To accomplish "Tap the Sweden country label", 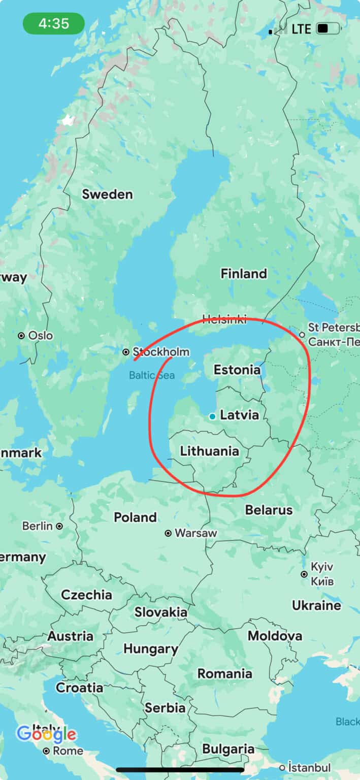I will [107, 194].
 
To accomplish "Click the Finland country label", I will [243, 274].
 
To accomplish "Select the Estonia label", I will [237, 370].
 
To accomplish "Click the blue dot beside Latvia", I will [212, 416].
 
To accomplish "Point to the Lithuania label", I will [209, 451].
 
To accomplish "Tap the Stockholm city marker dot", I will [125, 352].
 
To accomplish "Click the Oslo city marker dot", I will [21, 336].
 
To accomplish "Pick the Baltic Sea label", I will [151, 376].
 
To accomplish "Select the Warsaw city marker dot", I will [168, 533].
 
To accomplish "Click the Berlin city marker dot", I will [59, 526].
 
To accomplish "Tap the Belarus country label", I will [269, 510].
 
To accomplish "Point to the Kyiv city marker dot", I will [304, 574].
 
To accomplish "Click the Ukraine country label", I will [316, 605].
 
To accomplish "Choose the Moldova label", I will [275, 636].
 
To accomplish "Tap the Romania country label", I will [224, 674].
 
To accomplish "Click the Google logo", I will [46, 734].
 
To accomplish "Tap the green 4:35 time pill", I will [54, 24].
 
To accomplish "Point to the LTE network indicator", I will [301, 29].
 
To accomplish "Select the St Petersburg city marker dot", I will [302, 335].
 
